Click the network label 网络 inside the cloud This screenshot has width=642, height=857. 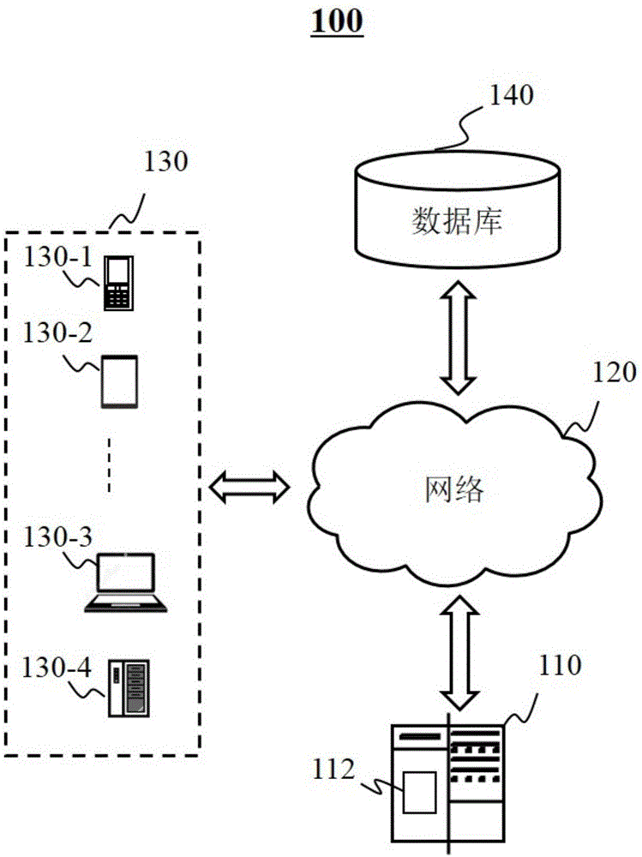click(453, 490)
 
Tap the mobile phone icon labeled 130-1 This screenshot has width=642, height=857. click(117, 283)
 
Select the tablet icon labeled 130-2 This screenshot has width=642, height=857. click(118, 381)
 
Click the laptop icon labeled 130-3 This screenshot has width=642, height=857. click(126, 583)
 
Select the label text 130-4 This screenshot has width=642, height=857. click(51, 666)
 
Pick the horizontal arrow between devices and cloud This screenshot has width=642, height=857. click(249, 486)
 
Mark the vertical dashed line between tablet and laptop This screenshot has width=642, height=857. click(110, 465)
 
